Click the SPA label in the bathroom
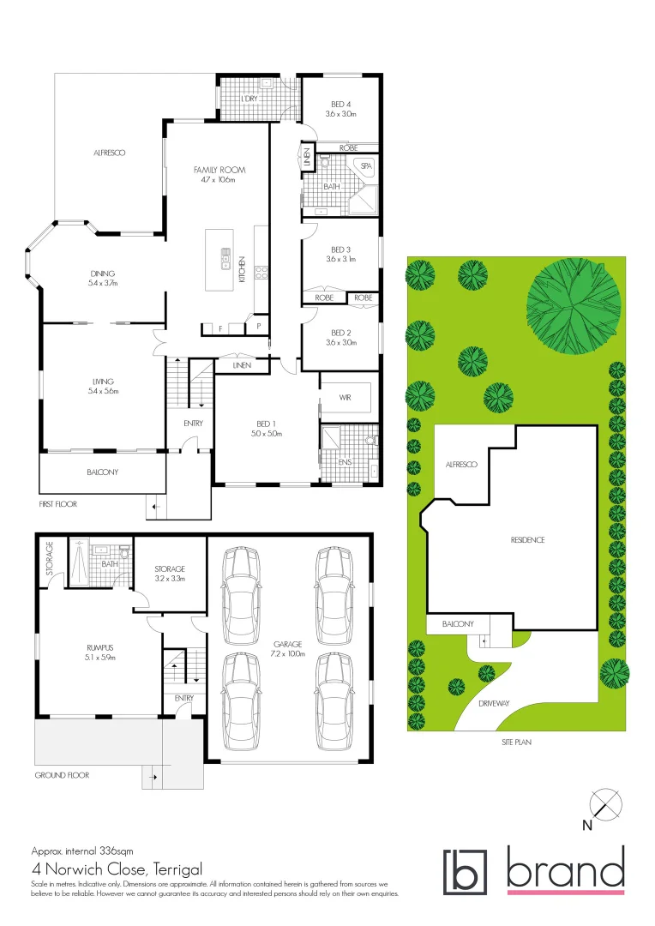click(x=365, y=166)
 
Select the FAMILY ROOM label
click(x=218, y=170)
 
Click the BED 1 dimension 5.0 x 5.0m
click(x=267, y=434)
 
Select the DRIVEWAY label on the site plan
click(x=494, y=703)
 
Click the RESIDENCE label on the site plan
click(x=527, y=540)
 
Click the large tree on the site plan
click(x=573, y=305)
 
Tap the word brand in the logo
click(x=565, y=869)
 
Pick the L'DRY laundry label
click(x=249, y=99)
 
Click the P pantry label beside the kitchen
click(x=257, y=327)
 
